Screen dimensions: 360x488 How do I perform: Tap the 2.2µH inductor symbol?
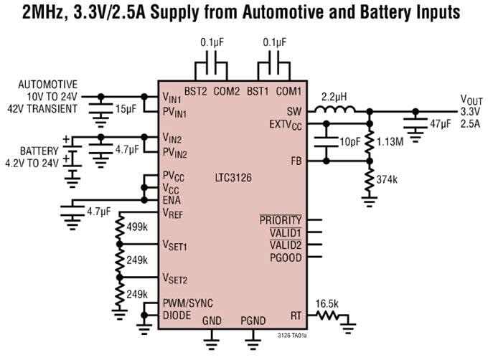[337, 110]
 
